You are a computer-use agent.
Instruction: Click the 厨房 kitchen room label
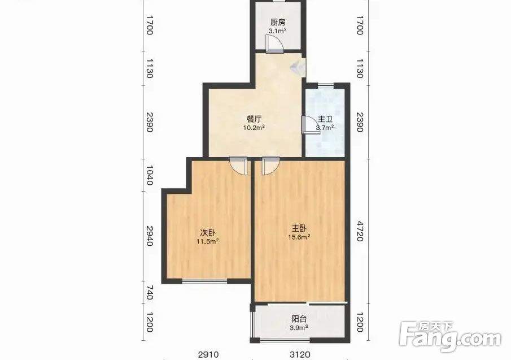(278, 22)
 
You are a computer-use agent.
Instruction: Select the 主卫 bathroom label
(325, 119)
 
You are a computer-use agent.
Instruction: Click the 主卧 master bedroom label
(299, 228)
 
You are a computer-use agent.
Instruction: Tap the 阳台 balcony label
(299, 319)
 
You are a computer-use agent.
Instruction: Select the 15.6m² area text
(299, 237)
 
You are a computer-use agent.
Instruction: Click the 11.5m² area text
(207, 242)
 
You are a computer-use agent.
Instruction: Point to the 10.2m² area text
(254, 128)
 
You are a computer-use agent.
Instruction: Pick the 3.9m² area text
(299, 328)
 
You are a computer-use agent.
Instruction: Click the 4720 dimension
(360, 231)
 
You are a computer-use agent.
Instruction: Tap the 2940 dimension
(150, 236)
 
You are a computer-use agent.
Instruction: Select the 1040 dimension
(150, 175)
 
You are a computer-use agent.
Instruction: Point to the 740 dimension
(150, 293)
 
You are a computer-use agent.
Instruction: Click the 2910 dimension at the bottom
(208, 354)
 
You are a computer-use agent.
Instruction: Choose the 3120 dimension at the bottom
(300, 354)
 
